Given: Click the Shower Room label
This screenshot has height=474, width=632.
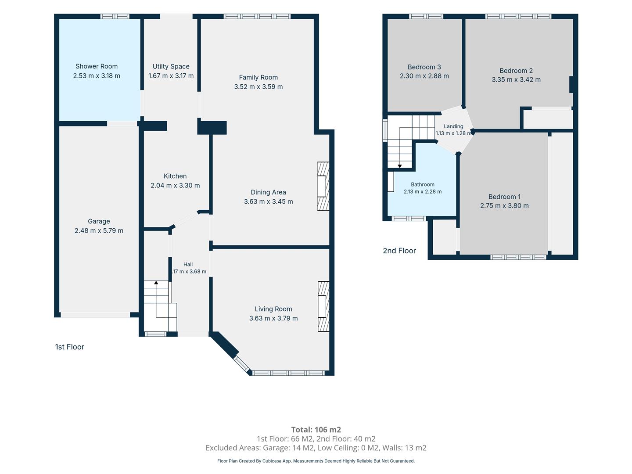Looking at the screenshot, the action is (97, 66).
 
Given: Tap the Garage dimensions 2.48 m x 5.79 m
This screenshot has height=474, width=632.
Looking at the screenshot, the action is (99, 230).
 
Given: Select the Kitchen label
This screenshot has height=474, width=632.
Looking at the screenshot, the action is (175, 176).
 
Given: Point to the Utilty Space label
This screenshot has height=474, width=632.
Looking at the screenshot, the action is (171, 66).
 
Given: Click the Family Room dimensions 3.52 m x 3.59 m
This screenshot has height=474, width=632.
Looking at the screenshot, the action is (258, 86).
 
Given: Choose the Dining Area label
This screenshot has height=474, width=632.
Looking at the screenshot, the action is (268, 192).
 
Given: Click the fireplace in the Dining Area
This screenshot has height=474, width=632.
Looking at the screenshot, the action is (323, 186).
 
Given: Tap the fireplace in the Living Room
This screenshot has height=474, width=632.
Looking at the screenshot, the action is (323, 306).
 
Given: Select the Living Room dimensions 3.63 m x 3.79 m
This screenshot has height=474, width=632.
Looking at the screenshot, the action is (273, 318).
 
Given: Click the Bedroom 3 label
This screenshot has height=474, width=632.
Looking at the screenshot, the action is (424, 67).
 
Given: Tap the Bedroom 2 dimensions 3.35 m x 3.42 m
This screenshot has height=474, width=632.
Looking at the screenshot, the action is (516, 80).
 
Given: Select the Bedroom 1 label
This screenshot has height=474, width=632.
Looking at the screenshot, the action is (504, 197).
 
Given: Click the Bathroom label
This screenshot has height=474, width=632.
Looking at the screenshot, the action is (422, 184).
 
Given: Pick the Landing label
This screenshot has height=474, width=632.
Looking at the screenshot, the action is (453, 126).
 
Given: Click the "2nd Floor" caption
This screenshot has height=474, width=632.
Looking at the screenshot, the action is (399, 251).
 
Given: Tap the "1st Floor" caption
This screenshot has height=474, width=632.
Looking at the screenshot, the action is (69, 347).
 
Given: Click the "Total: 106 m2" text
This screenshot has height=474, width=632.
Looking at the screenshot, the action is (316, 430).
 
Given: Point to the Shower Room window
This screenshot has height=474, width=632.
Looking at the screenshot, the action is (115, 16).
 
